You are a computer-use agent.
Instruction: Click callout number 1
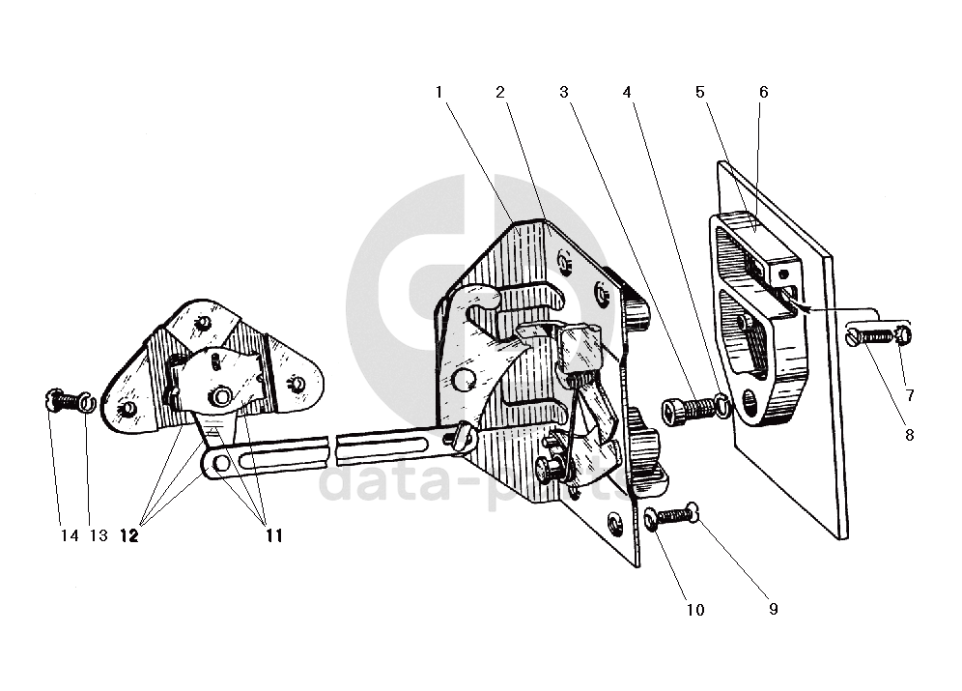439,92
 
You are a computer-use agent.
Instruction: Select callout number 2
500,92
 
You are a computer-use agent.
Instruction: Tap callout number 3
563,92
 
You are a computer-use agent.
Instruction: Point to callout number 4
628,92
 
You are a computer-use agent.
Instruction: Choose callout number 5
699,92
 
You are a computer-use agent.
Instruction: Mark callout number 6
763,92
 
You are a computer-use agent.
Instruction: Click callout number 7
908,394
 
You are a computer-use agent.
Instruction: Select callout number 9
773,609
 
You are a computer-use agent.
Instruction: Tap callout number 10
695,610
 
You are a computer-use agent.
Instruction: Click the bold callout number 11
274,535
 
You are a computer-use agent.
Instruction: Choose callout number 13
99,535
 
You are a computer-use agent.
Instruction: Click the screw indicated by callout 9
680,515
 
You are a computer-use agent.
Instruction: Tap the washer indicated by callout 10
651,519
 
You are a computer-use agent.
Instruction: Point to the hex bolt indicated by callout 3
679,410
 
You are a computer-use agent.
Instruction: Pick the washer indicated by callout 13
87,401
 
